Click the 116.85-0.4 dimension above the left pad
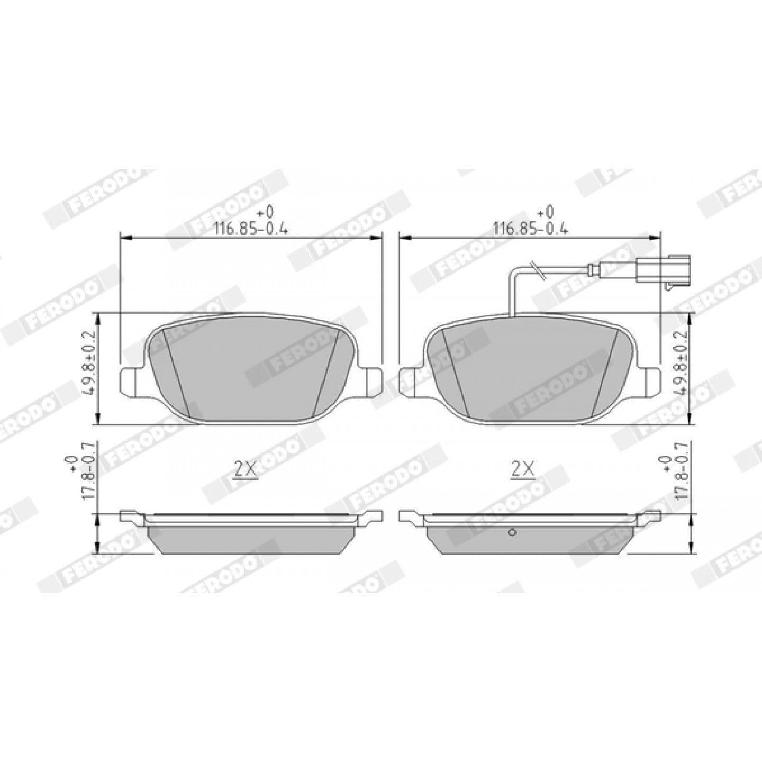(251, 229)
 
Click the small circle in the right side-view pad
(512, 533)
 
